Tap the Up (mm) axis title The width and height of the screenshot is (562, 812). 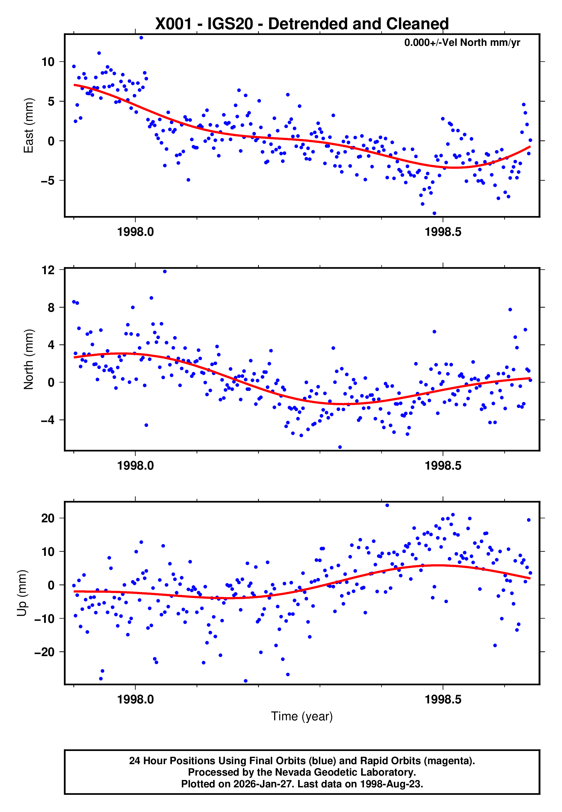click(x=22, y=593)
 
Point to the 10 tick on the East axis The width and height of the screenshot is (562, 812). click(x=48, y=62)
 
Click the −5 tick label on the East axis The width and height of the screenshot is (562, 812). click(x=48, y=181)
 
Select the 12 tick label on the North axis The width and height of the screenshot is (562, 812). click(x=48, y=270)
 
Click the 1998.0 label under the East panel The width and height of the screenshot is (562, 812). click(x=135, y=232)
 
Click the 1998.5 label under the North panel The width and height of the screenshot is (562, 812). click(x=443, y=466)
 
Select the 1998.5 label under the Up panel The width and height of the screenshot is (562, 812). click(x=443, y=699)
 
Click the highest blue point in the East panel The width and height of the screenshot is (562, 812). click(x=141, y=38)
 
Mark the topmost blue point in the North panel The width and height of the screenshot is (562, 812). click(x=165, y=272)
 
